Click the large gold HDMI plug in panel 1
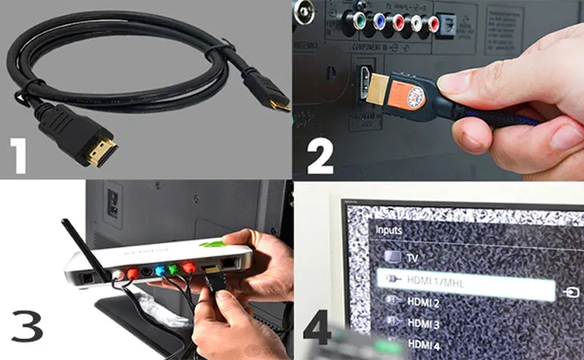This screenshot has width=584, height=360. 102,149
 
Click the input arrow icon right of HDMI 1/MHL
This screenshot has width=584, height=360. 570,292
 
